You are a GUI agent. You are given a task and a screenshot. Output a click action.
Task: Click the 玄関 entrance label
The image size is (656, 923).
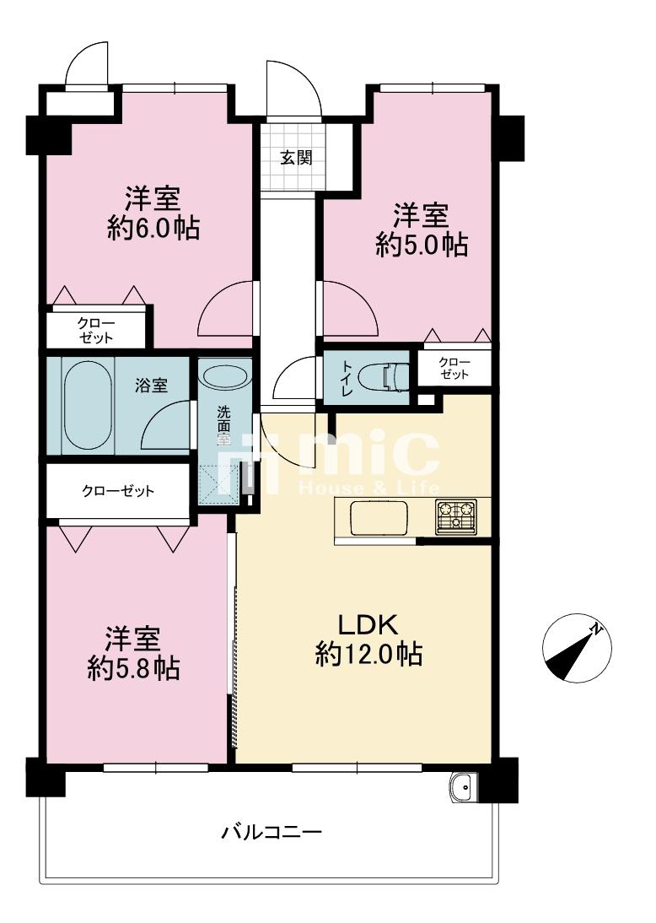click(x=295, y=158)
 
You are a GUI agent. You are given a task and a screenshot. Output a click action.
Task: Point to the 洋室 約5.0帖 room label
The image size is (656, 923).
click(x=422, y=229)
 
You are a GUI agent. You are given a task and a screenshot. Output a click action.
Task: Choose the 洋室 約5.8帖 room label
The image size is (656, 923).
click(x=134, y=654)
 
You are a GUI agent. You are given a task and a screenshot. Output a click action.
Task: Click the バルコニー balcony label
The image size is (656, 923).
click(x=272, y=833)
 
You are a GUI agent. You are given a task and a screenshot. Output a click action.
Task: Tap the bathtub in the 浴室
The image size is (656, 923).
click(x=87, y=405)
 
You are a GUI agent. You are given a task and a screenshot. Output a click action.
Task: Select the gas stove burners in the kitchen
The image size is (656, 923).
click(x=455, y=516)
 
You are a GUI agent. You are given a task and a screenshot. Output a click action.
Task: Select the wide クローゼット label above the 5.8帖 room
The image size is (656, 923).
click(x=118, y=491)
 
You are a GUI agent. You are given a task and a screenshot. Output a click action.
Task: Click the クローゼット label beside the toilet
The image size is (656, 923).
click(x=454, y=368)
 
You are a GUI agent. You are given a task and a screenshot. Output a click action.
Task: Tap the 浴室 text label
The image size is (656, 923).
click(x=151, y=386)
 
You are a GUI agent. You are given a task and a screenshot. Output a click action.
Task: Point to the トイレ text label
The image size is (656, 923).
click(x=345, y=377)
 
